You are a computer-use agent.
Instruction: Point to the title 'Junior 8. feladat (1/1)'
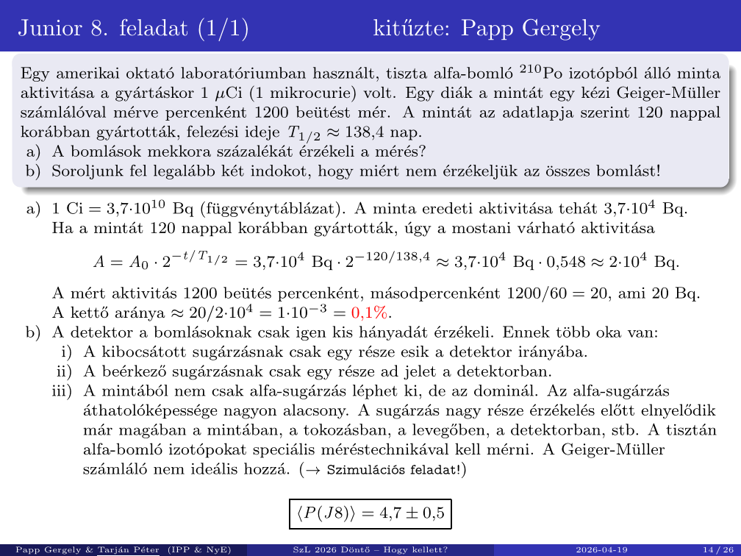tap(133, 28)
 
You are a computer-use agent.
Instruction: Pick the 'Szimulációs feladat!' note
tap(396, 469)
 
